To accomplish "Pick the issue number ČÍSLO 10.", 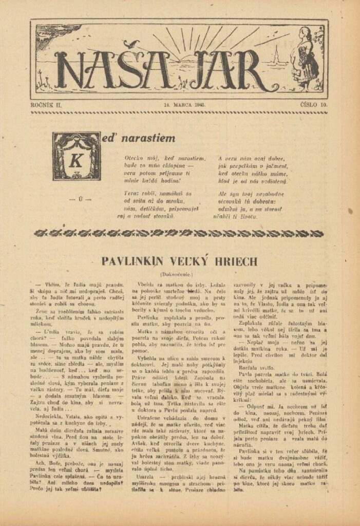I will [314, 105].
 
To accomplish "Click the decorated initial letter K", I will [76, 157].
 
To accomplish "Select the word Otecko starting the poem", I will [135, 158].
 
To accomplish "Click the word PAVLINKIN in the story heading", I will [130, 261].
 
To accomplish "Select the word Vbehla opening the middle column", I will [146, 284].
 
